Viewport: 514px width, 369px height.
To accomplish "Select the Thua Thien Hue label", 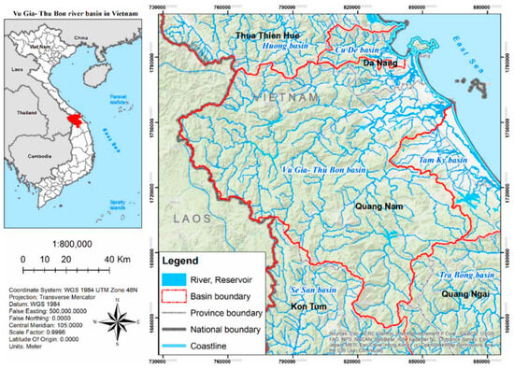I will pos(272,35).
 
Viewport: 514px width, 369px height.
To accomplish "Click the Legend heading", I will pos(185,260).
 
